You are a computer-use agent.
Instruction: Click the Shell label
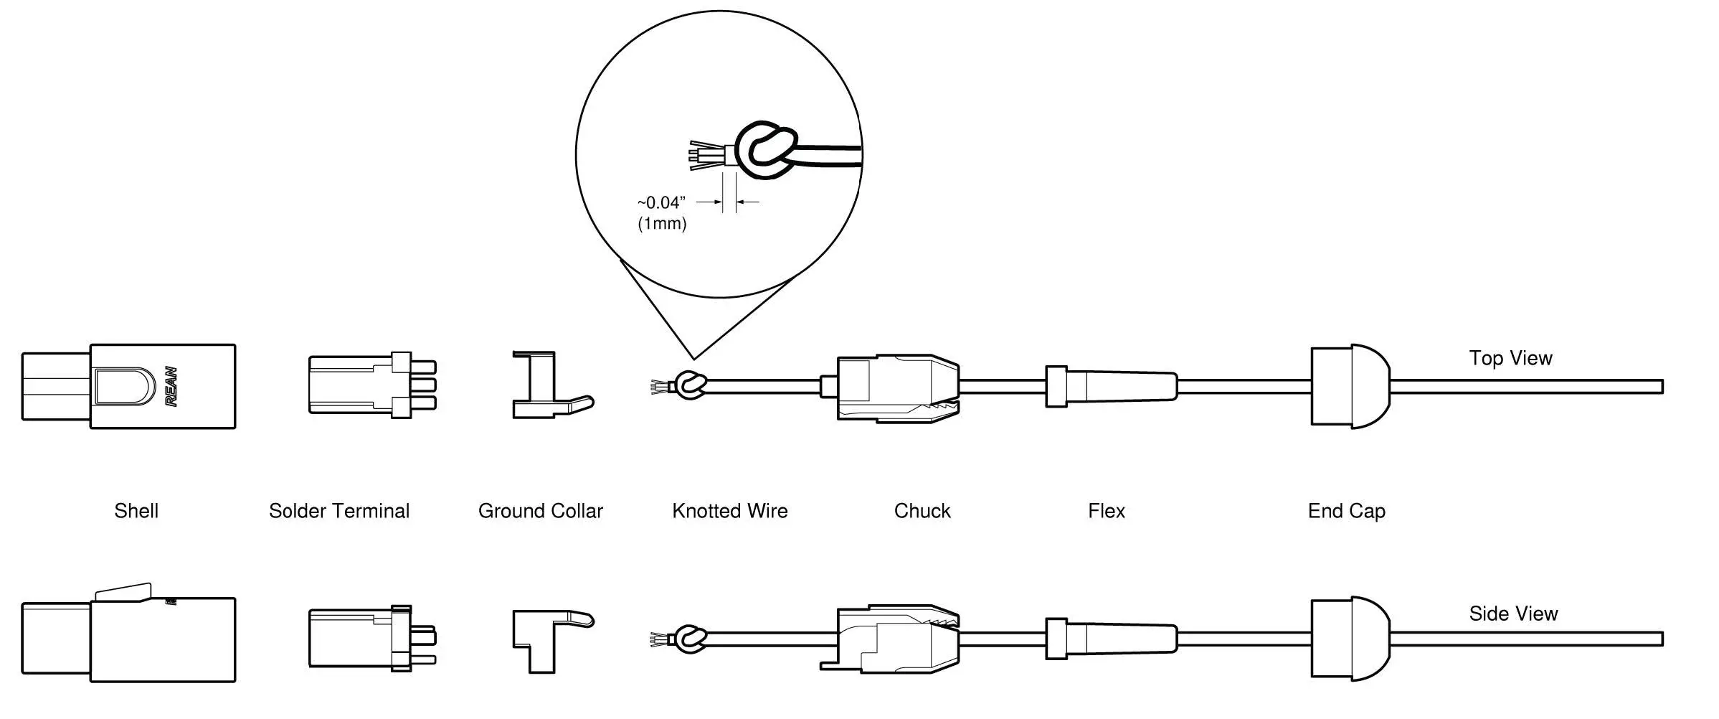136,511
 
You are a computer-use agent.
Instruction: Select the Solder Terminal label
339,511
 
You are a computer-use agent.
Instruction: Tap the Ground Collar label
541,511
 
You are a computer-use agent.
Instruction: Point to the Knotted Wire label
729,511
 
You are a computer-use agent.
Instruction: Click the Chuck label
922,511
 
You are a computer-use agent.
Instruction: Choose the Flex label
1107,511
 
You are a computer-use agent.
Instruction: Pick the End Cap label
1346,511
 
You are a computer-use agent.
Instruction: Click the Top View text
1510,358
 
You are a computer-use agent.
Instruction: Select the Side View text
1513,614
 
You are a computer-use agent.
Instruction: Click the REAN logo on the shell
172,387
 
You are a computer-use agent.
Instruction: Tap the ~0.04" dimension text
661,203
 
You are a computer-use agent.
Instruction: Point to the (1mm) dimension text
662,224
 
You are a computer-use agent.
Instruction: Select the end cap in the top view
1348,387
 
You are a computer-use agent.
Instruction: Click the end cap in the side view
1348,638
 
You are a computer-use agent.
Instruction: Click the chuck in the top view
896,387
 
